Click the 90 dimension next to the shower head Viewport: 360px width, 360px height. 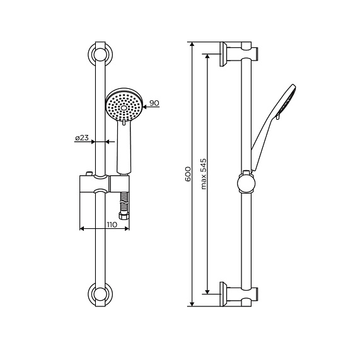(x=154, y=102)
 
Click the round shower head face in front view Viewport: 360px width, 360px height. (x=125, y=107)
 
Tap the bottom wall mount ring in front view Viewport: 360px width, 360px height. (x=100, y=293)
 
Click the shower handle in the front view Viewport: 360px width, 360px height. (x=124, y=148)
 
